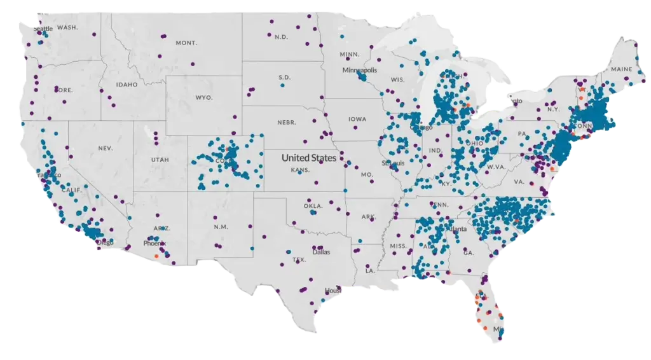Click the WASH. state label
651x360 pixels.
pos(67,28)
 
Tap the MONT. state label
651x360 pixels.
pos(186,43)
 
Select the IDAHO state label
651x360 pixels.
pos(127,85)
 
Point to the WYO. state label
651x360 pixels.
pos(203,98)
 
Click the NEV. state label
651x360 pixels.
pos(105,148)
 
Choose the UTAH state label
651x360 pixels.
pos(160,160)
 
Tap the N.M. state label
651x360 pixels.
pos(221,227)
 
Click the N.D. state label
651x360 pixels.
pos(281,37)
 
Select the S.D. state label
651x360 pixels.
pos(284,78)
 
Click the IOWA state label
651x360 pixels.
pos(357,119)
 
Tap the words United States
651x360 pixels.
pos(309,157)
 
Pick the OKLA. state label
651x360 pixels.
pos(312,206)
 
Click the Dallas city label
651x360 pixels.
pos(321,252)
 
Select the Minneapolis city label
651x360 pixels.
pos(359,70)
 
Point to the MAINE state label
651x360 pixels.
pos(621,69)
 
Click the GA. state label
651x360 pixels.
pos(469,253)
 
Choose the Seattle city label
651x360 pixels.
pos(43,29)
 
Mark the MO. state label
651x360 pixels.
pos(366,174)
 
